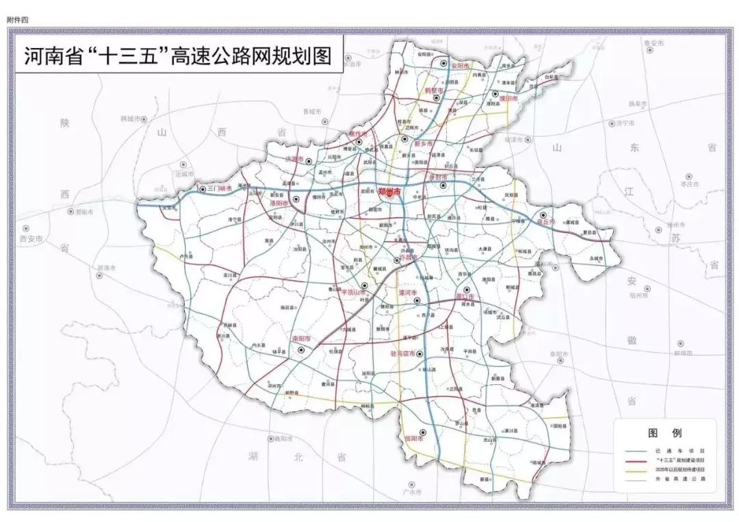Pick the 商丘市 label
point(545,223)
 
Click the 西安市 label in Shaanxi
point(31,239)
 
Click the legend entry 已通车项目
point(675,451)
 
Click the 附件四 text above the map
point(18,20)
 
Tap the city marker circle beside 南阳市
point(302,349)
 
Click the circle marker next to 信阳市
point(423,432)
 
